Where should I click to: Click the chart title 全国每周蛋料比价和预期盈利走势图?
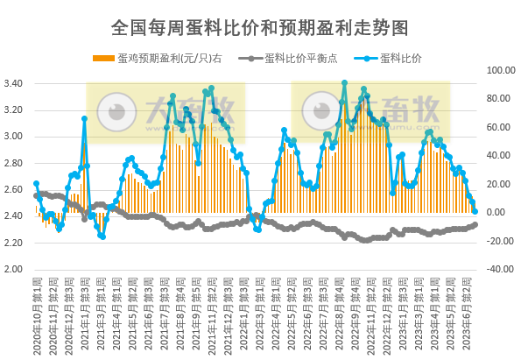260,27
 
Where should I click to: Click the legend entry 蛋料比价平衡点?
299,60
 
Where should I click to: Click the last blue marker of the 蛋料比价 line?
475,211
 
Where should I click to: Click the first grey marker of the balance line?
36,195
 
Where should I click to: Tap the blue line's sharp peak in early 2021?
84,118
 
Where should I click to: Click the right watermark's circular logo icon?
321,112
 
